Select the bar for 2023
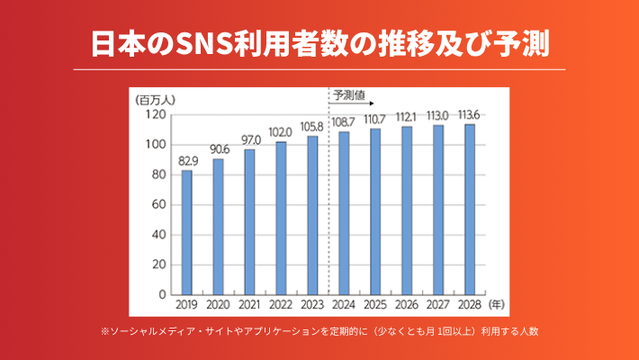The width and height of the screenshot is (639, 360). [x=312, y=215]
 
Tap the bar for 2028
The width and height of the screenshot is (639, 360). [x=469, y=209]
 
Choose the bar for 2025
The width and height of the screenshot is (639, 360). [x=375, y=211]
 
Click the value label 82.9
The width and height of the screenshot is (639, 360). [x=187, y=161]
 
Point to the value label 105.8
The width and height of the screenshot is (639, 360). [x=312, y=127]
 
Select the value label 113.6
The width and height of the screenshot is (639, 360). [x=469, y=114]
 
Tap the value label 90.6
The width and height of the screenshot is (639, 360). [x=219, y=149]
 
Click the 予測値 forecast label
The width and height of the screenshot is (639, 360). [x=347, y=94]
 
